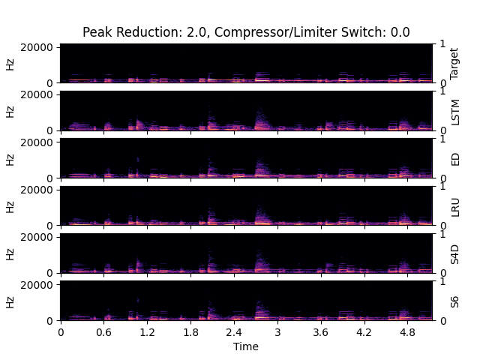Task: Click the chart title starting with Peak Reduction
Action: tap(246, 32)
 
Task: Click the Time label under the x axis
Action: tap(246, 346)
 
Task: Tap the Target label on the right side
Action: tap(454, 64)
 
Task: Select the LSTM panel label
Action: tap(454, 111)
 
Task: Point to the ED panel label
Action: tap(454, 159)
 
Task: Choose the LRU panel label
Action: tap(454, 206)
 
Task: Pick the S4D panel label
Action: tap(454, 253)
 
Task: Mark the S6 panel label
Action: tap(454, 301)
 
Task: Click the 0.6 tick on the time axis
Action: tap(103, 331)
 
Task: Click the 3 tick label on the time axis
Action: tap(277, 331)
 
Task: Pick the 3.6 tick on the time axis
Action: tap(320, 331)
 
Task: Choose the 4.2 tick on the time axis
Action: tap(364, 331)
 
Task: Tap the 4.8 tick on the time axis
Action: tap(407, 331)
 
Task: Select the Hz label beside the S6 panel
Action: tap(10, 301)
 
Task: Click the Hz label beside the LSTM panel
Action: tap(10, 111)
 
